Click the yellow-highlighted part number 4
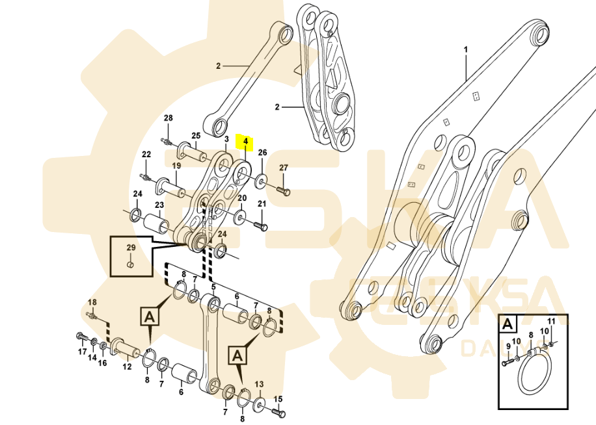pos(245,140)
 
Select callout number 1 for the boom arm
pos(466,49)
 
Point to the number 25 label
pos(196,135)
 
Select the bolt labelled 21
pos(260,225)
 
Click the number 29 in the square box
pos(130,248)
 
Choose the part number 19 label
pos(176,166)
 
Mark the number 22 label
pos(146,154)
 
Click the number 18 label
pos(92,302)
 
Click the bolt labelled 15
pos(278,412)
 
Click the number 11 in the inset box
pos(550,321)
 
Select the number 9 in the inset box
pos(508,345)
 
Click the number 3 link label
pos(226,139)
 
